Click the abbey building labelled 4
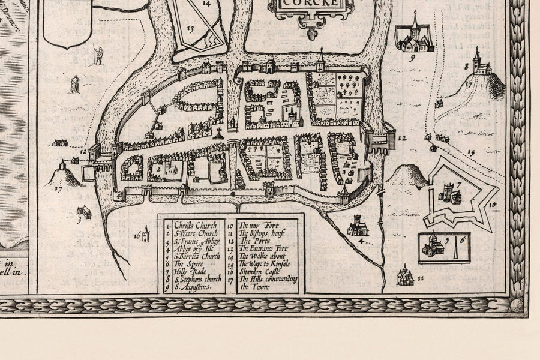(358, 226)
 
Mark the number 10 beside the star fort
(493, 205)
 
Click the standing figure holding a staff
(97, 55)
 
